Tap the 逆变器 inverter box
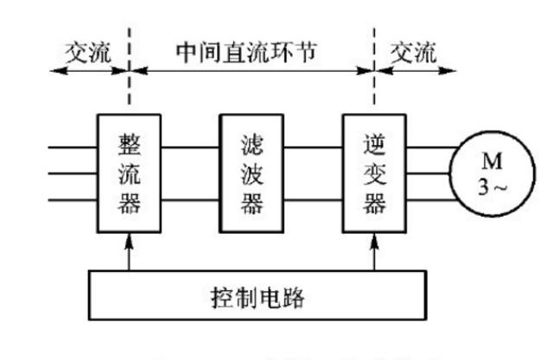coord(373,173)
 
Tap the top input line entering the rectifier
coord(73,147)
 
